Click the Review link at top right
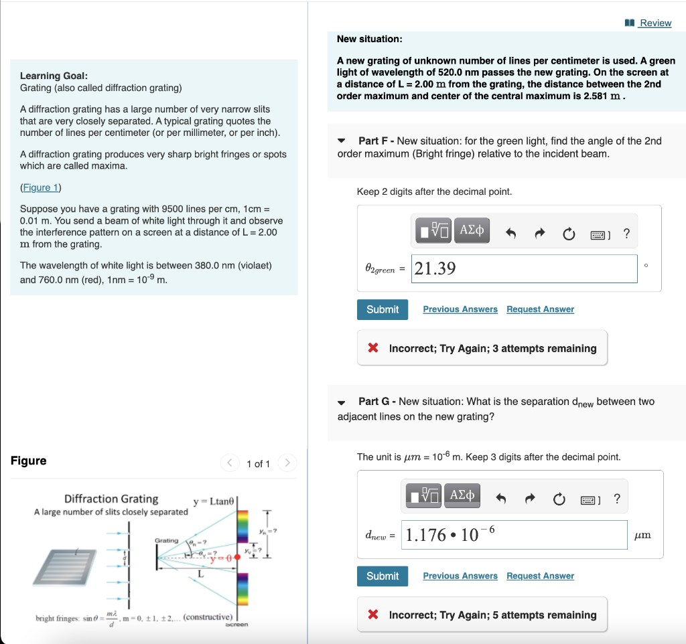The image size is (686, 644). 655,23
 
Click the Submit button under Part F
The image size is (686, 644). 383,309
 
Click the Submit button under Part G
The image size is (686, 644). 383,576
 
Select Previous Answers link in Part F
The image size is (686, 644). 460,309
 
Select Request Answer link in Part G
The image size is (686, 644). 540,576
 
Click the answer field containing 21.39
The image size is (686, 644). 524,268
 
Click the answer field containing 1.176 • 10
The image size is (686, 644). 514,535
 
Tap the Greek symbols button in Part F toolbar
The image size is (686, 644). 472,232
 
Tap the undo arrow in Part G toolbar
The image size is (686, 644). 500,498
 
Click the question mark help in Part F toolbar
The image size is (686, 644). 626,234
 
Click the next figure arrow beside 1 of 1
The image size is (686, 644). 287,463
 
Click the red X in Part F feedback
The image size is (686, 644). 374,348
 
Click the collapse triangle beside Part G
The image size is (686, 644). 342,402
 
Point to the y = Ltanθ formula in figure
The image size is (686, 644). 213,501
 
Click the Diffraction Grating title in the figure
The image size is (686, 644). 111,499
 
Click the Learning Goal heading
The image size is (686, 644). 54,76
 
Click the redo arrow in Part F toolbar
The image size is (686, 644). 539,234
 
